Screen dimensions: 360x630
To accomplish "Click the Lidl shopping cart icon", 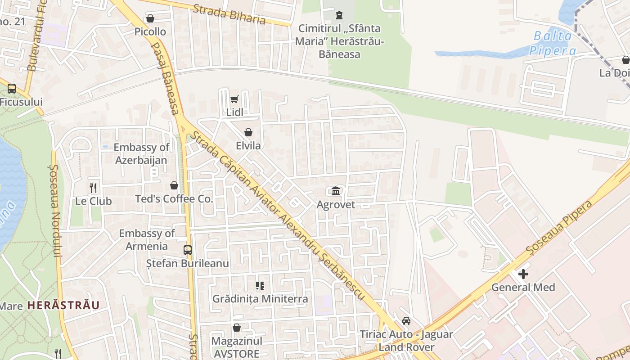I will coord(234,99).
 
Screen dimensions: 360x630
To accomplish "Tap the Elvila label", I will coord(248,146).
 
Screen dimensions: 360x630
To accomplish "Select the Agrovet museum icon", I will coord(336,191).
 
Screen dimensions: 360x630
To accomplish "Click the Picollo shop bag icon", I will coord(150,18).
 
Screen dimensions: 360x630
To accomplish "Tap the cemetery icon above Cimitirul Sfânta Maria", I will coord(339,15).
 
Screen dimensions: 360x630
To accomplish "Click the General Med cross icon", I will coord(523,274).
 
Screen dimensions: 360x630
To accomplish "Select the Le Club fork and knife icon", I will coord(93,188).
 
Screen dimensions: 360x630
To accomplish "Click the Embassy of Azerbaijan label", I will coord(141,153).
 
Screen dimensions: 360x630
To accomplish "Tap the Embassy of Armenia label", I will coord(147,239).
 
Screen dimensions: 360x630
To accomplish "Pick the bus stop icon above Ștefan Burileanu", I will coord(188,250).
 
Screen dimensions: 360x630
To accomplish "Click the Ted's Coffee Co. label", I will coord(174,199).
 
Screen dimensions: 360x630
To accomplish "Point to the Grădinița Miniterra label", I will coord(260,299).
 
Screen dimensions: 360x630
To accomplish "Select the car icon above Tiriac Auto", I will coord(406,321).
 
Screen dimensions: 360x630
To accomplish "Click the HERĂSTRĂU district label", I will coord(63,305).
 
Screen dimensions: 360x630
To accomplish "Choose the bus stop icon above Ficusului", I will coord(12,89).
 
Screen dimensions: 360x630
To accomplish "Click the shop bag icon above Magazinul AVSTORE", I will coord(237,328).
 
